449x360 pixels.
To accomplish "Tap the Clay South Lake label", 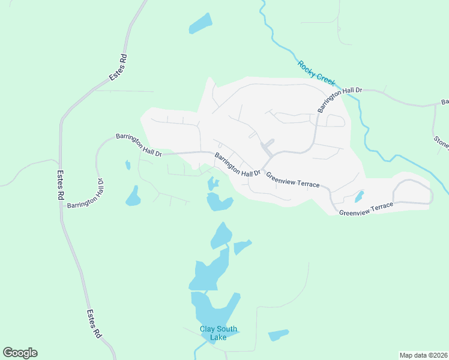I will pos(218,333).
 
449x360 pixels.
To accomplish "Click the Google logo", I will pos(20,353).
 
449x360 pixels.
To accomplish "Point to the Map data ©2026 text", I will pos(423,355).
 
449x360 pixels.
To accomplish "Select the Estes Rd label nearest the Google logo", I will pos(93,324).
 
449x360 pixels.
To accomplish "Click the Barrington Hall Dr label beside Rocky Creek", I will pos(340,98).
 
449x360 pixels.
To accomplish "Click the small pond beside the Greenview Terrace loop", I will pos(359,196).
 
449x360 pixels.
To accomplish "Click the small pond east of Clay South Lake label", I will pos(278,335).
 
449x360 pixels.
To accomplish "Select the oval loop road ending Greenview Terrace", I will pos(412,192).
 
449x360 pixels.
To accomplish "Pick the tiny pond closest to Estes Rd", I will pos(127,164).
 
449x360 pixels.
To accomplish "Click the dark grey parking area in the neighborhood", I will pos(266,146).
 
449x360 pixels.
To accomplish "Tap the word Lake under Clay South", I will pos(218,338).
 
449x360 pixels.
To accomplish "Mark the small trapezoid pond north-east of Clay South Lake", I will pos(241,246).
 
